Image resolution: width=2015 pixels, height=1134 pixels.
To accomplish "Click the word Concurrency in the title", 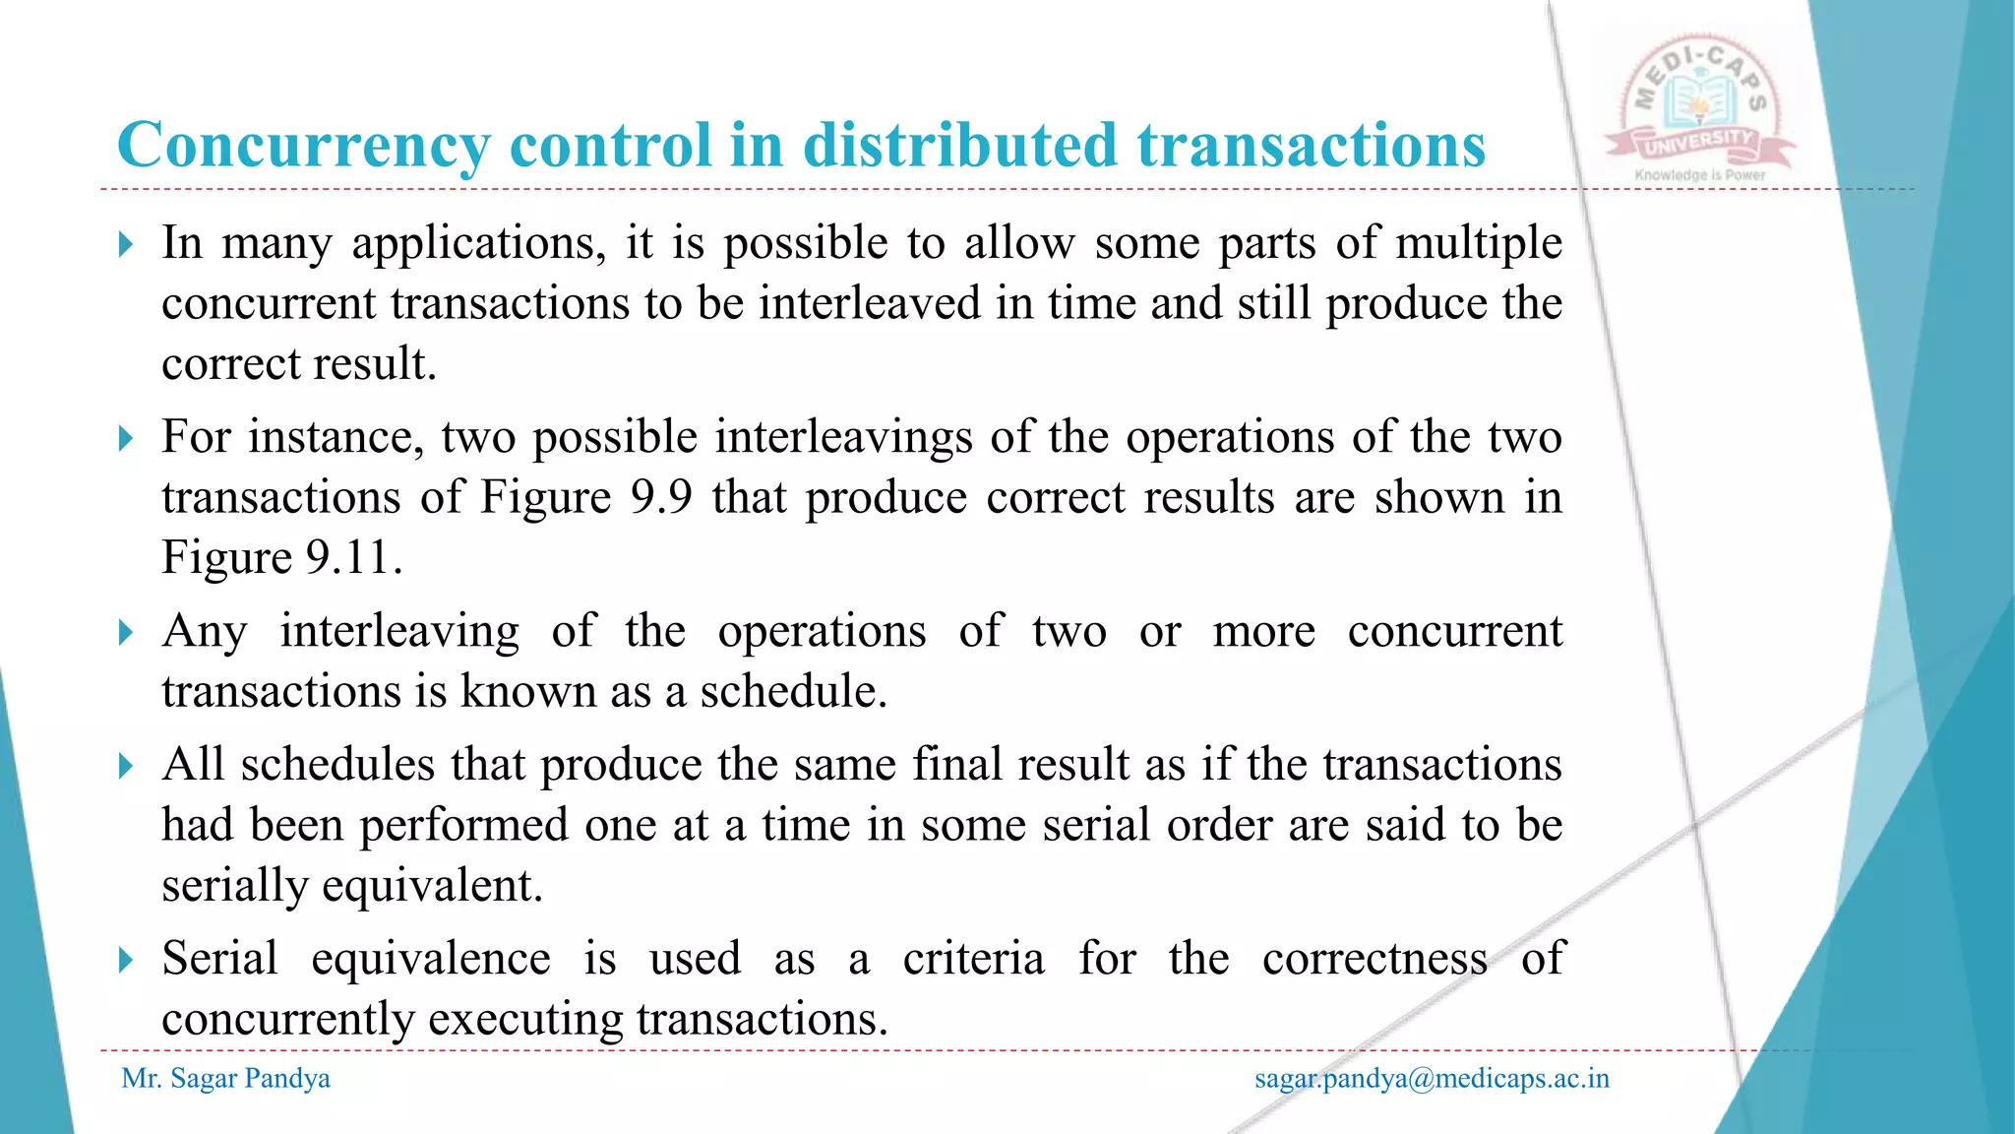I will click(302, 146).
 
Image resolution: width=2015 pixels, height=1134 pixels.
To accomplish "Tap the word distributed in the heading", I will click(960, 146).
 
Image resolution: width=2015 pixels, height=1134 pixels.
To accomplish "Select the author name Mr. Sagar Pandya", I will click(225, 1079).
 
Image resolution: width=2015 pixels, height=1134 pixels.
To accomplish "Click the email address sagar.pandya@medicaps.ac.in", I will click(1432, 1079).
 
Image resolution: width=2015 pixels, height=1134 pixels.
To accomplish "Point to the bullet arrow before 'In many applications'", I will click(125, 244).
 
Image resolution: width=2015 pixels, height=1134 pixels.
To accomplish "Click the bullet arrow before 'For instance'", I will click(125, 438).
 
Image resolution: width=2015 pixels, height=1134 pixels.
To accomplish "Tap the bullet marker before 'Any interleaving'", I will click(125, 632).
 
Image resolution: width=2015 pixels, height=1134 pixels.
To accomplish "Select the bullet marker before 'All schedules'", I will click(125, 766).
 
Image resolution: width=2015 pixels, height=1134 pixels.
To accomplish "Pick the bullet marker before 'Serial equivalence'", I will click(125, 960).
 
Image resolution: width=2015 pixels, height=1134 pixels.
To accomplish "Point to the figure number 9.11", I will click(348, 558).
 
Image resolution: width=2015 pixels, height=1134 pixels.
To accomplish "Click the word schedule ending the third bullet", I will click(793, 691).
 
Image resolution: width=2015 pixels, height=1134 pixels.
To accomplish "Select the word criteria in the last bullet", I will click(973, 959).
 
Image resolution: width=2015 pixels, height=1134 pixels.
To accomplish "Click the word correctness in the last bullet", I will click(1374, 959).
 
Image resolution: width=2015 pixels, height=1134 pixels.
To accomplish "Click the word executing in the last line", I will click(525, 1019).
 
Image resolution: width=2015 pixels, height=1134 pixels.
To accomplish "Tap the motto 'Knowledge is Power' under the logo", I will click(1700, 175).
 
